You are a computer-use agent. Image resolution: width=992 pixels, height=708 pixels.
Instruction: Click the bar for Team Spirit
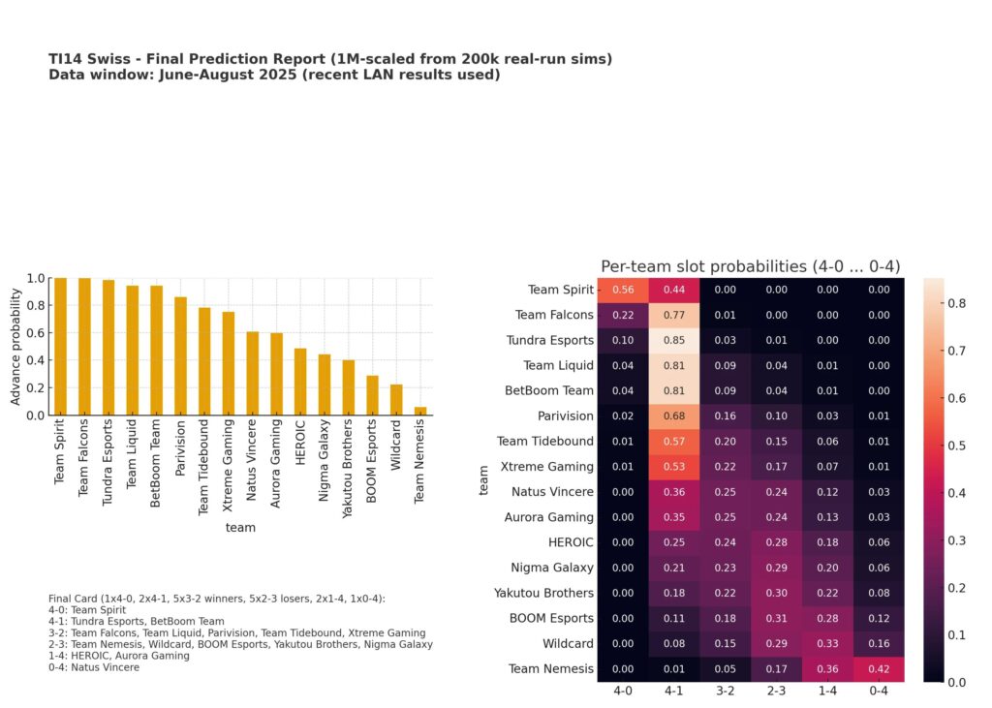tap(61, 347)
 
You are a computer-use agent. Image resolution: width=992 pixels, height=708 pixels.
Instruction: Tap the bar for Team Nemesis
tap(420, 411)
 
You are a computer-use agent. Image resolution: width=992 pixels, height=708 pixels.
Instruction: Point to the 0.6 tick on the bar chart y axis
tap(36, 333)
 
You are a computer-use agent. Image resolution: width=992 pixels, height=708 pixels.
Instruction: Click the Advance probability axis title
tap(15, 346)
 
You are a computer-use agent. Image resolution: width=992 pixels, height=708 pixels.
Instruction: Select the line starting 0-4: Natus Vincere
tap(94, 667)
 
